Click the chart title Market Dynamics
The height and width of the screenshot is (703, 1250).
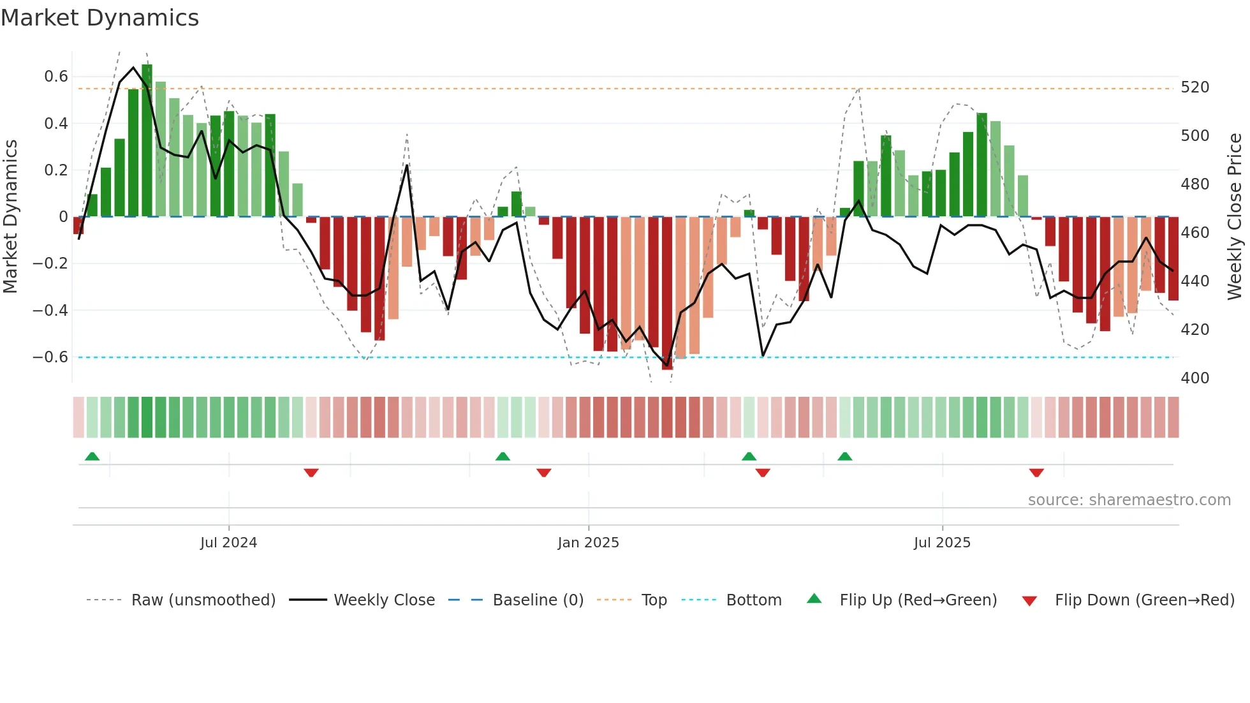click(x=100, y=18)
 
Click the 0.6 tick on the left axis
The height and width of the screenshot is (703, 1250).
click(x=55, y=77)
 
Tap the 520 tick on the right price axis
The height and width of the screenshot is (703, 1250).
click(x=1195, y=87)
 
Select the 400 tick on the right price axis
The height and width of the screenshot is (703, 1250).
click(x=1195, y=378)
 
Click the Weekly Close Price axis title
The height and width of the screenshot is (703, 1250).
click(x=1235, y=217)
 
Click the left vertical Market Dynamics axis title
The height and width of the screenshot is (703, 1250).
click(x=10, y=217)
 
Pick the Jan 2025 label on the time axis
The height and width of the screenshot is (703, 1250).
click(x=588, y=543)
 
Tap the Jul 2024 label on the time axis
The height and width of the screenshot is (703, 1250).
click(x=228, y=543)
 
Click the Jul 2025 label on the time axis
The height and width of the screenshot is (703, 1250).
click(x=942, y=543)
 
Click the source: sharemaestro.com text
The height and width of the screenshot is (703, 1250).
click(x=1129, y=500)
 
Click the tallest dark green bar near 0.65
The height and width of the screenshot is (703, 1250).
click(x=147, y=140)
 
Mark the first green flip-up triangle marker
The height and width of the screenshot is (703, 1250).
click(x=92, y=456)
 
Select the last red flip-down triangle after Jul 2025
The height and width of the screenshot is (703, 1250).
click(x=1036, y=473)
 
